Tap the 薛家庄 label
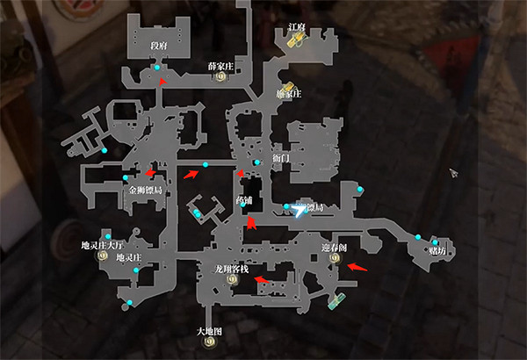click(x=220, y=66)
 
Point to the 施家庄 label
click(x=288, y=93)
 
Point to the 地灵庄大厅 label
click(x=104, y=245)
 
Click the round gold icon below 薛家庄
click(x=220, y=77)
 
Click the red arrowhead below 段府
click(x=162, y=81)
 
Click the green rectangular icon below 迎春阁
click(x=336, y=301)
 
